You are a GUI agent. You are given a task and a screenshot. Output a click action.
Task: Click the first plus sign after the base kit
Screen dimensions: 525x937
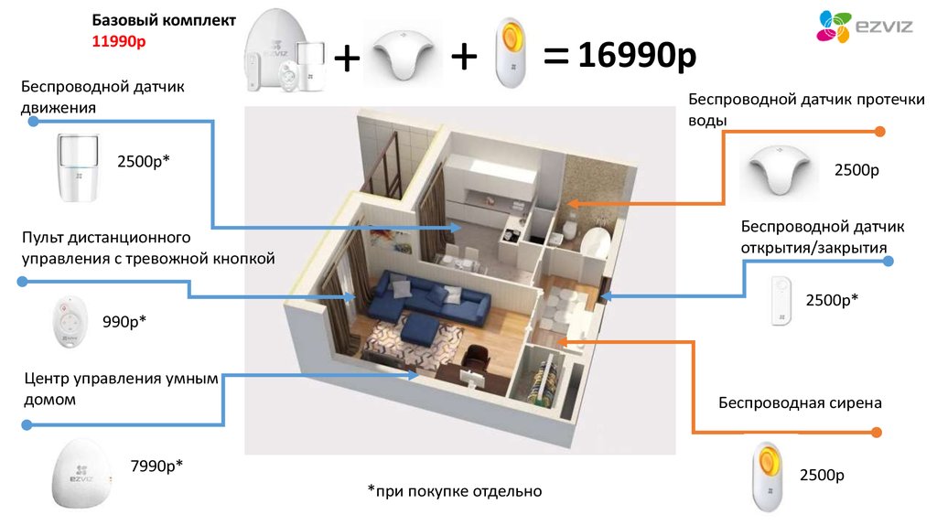(x=347, y=59)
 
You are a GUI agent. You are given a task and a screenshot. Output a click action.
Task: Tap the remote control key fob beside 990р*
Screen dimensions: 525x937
(x=70, y=323)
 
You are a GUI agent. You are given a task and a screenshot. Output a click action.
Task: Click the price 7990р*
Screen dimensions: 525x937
(x=156, y=466)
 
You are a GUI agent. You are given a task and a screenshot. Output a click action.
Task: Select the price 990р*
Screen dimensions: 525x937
(x=124, y=321)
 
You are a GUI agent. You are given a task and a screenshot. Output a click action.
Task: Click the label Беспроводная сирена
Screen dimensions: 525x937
(x=799, y=402)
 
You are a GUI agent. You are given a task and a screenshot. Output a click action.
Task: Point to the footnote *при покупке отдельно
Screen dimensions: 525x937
(x=455, y=491)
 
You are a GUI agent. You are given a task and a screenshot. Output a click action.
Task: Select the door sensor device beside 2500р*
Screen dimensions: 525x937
(x=780, y=300)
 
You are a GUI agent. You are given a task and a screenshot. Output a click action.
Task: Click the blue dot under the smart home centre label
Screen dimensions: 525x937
(x=27, y=424)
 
